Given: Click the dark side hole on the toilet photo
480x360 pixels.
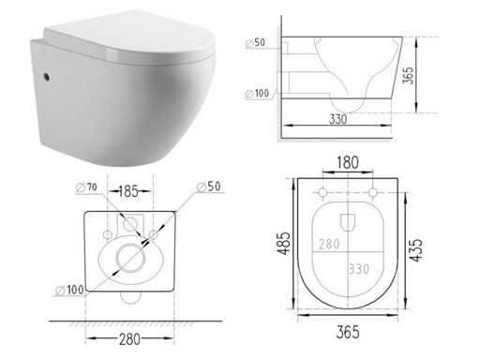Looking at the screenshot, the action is coord(47,77).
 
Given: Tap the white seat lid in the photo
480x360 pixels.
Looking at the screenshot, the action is coord(129,37).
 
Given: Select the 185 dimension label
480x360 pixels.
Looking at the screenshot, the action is coord(128,191).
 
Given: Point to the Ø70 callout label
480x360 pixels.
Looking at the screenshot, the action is coord(86,187).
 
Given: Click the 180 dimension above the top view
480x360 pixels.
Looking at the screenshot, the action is coord(348,162).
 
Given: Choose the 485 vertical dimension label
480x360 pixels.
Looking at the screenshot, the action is coord(285,243).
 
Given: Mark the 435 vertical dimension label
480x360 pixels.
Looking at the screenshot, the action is coord(416,250).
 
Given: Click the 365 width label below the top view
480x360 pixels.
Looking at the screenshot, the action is coord(348,332).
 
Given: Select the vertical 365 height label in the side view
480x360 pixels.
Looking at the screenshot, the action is coord(408,75).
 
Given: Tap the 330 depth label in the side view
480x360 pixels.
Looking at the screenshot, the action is coord(338,119).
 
